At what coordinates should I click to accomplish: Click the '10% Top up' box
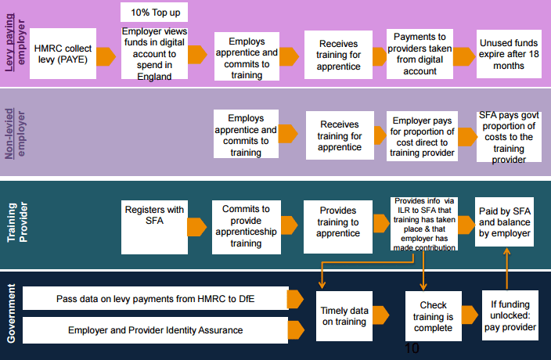[154, 13]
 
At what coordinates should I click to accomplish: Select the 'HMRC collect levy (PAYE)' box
[63, 53]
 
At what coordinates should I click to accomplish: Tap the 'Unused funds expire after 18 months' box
[509, 54]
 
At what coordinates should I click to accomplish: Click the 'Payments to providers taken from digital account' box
[420, 54]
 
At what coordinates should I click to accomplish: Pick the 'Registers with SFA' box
[154, 227]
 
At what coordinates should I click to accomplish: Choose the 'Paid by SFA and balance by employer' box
[504, 221]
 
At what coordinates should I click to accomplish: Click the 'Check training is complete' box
[434, 316]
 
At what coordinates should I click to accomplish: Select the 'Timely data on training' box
[344, 315]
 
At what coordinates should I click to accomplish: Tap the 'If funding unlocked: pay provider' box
[510, 315]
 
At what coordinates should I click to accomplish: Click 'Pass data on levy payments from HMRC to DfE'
[155, 298]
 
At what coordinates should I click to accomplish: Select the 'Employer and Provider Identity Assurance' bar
[155, 330]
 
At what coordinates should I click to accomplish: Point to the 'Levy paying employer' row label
[15, 42]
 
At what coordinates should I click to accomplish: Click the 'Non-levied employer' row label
[15, 134]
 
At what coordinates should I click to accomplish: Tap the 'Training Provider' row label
[17, 222]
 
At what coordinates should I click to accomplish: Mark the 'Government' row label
[11, 313]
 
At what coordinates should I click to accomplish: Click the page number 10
[412, 348]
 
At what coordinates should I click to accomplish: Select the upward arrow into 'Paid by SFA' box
[506, 268]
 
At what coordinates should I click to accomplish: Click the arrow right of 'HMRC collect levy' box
[106, 56]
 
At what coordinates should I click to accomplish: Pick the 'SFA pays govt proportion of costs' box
[509, 137]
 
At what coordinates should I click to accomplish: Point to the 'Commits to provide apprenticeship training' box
[247, 227]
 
